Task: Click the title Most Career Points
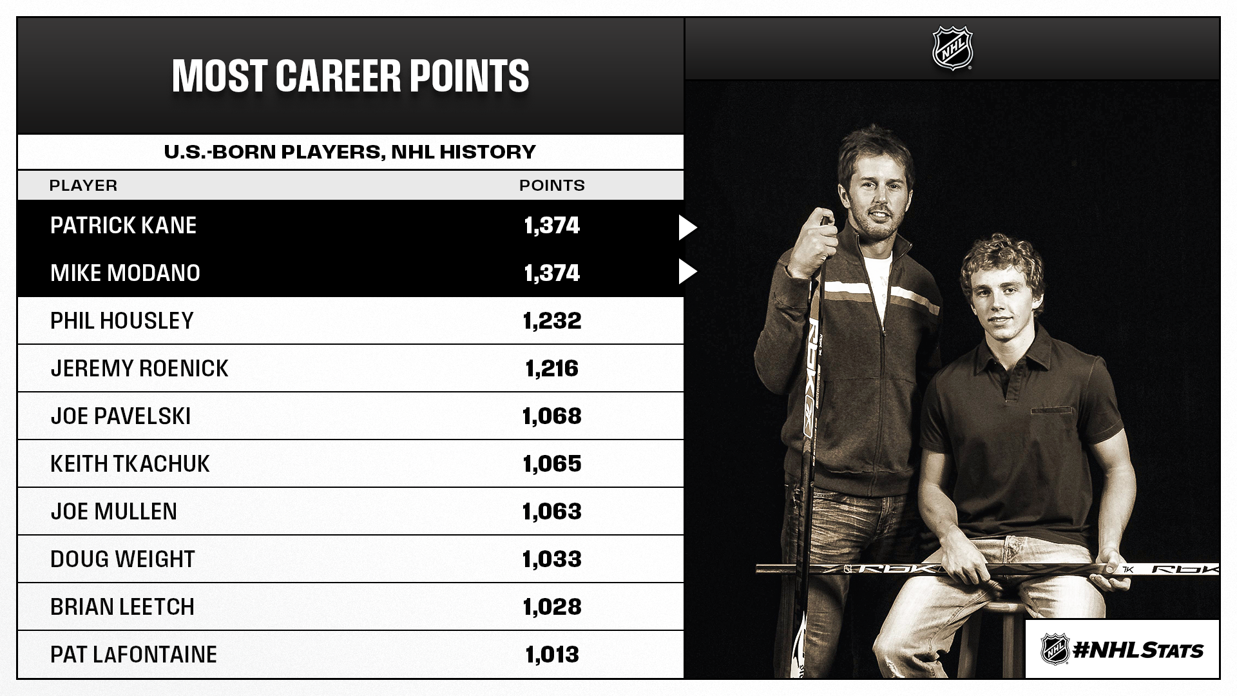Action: pyautogui.click(x=350, y=76)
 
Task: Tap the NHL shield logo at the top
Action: pyautogui.click(x=952, y=48)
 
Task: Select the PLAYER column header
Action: pyautogui.click(x=83, y=186)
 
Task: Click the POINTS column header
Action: pyautogui.click(x=552, y=186)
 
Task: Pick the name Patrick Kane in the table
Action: pyautogui.click(x=123, y=226)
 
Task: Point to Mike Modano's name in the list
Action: pyautogui.click(x=125, y=273)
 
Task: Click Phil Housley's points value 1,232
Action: pyautogui.click(x=552, y=321)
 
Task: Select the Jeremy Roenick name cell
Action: pyautogui.click(x=139, y=369)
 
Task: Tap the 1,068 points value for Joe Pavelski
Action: pyautogui.click(x=552, y=416)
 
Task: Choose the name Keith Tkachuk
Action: pyautogui.click(x=130, y=464)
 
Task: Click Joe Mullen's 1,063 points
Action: pyautogui.click(x=552, y=512)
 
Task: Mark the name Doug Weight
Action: pyautogui.click(x=122, y=559)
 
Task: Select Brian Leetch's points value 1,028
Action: pyautogui.click(x=552, y=607)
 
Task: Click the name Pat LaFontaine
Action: pyautogui.click(x=133, y=655)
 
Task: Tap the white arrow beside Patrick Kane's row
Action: pyautogui.click(x=687, y=227)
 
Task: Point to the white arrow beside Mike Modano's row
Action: pyautogui.click(x=687, y=272)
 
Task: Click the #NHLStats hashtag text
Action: pyautogui.click(x=1138, y=650)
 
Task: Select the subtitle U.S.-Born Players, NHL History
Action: pyautogui.click(x=350, y=152)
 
